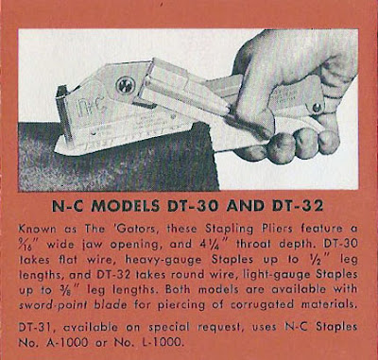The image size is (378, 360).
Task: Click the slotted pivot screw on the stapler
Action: [x=126, y=85]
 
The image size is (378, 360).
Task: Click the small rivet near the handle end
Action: [x=317, y=108]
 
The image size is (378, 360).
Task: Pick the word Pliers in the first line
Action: [x=274, y=229]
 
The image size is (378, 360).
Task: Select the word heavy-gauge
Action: [x=163, y=259]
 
